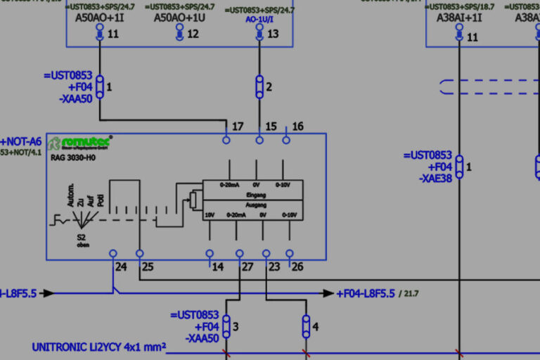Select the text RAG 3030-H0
tap(74, 158)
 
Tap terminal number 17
tap(238, 127)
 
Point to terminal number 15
tap(271, 127)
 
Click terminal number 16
tap(297, 127)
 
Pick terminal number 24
tap(121, 266)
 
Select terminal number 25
tap(148, 266)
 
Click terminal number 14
tap(218, 266)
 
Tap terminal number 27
tap(247, 266)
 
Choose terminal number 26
tap(297, 266)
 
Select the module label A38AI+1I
tap(459, 18)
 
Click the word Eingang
tap(256, 194)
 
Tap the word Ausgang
tap(256, 204)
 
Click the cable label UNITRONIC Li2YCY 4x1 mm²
tap(99, 347)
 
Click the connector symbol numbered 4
tap(306, 326)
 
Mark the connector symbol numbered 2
tap(259, 87)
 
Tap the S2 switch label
tap(82, 238)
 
